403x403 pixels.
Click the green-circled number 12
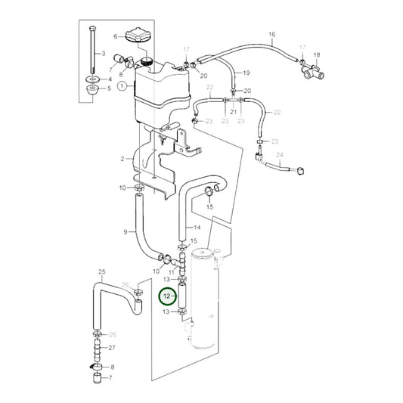pos(166,297)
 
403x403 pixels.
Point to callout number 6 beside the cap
pos(116,36)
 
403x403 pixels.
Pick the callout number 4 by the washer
pos(110,79)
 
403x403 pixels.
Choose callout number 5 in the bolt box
pos(110,89)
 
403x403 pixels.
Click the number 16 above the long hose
pos(272,35)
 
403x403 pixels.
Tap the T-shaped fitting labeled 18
pos(312,73)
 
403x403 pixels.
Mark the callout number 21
pos(234,112)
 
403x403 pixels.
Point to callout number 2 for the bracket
pos(122,159)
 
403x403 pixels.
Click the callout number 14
pos(197,227)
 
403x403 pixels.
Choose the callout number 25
pos(101,270)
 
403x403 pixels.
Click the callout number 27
pos(112,348)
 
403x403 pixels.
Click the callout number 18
pos(317,55)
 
